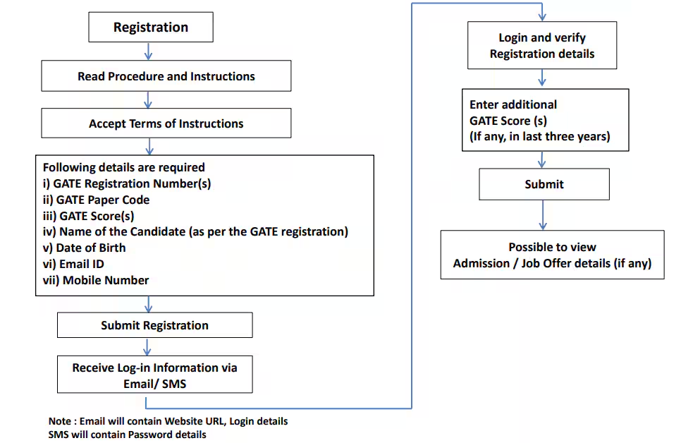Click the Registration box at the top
point(150,28)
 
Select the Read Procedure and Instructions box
point(166,76)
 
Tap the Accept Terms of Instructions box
point(166,123)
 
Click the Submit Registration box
point(154,325)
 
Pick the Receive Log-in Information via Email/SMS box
point(154,375)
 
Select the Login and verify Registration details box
point(541,46)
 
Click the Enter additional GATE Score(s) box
point(544,120)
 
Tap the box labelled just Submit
point(544,184)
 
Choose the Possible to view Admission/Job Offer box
point(552,255)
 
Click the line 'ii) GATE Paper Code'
point(96,200)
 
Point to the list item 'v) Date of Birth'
point(84,248)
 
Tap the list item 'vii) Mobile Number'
point(96,280)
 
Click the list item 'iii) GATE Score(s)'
point(88,216)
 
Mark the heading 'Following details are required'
point(123,167)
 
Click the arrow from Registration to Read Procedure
point(148,51)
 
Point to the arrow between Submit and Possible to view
point(543,215)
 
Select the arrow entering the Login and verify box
point(542,13)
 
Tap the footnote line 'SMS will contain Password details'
point(127,435)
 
